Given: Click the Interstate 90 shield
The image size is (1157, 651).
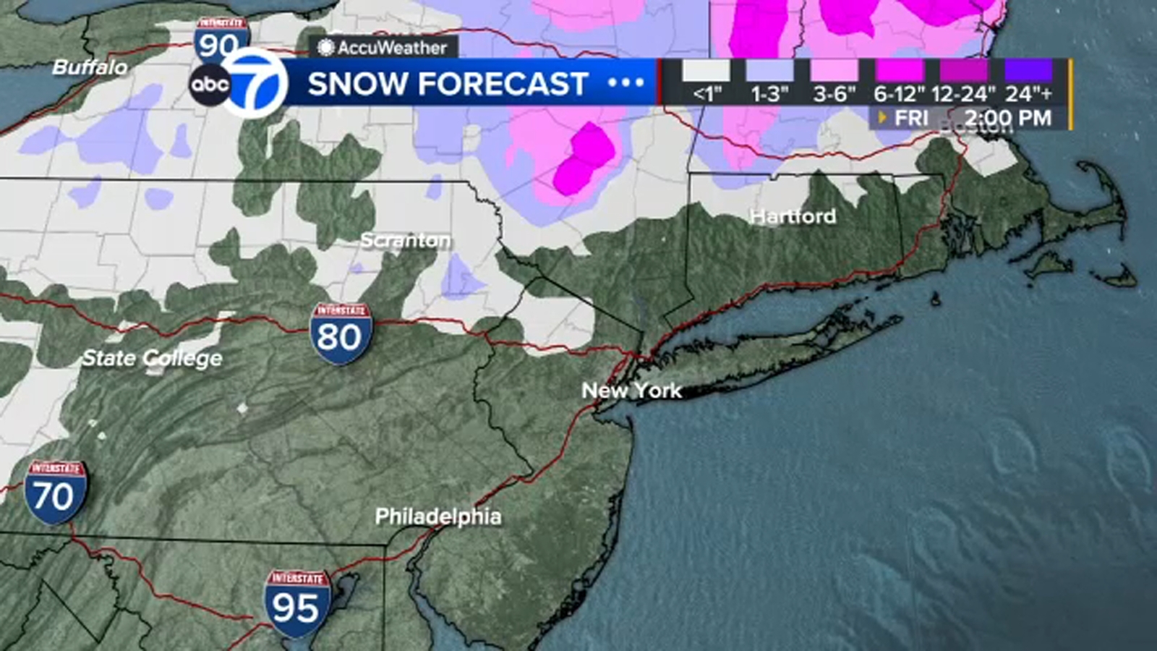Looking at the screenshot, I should coord(220,40).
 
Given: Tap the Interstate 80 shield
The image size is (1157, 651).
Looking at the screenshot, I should coord(341,333).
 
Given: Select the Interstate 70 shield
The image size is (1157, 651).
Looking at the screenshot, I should coord(55,492).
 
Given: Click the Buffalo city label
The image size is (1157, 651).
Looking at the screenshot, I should coord(90,67).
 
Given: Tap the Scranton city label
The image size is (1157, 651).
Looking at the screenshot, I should coord(406,240).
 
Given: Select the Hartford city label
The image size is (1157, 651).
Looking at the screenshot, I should coord(793,216).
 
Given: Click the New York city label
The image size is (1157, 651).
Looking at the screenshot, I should coord(631,391).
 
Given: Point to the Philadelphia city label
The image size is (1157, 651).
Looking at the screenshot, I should coord(438,516).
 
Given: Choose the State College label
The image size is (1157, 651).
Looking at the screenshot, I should coord(153,358).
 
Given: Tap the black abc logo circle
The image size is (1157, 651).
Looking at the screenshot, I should coord(210,85).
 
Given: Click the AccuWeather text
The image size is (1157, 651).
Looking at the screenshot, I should coord(392,48).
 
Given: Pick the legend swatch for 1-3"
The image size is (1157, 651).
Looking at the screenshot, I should coord(769,71).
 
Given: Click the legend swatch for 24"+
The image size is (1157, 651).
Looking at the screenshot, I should coord(1028,71).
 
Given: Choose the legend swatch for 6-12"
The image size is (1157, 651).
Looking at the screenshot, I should coord(900,71).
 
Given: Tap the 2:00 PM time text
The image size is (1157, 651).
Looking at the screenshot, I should coord(1007,118).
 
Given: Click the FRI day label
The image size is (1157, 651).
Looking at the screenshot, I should coord(911,118).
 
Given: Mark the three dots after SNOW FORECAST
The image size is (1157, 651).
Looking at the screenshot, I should coord(626,83).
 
